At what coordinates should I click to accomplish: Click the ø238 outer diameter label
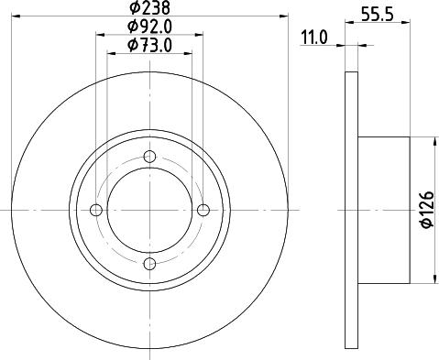click(x=150, y=9)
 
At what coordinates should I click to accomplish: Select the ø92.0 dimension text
click(x=150, y=27)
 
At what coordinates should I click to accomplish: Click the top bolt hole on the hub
click(x=150, y=158)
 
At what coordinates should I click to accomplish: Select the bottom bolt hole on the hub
click(x=150, y=264)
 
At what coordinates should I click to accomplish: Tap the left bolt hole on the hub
click(x=97, y=211)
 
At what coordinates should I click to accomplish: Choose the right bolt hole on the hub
click(x=203, y=211)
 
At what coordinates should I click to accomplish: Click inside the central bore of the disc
click(x=150, y=211)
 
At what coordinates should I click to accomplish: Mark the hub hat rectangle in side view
click(x=382, y=210)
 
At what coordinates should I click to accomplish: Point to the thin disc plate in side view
click(x=351, y=210)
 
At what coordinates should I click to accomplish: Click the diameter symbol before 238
click(x=133, y=9)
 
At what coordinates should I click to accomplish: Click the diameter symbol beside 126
click(x=426, y=229)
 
